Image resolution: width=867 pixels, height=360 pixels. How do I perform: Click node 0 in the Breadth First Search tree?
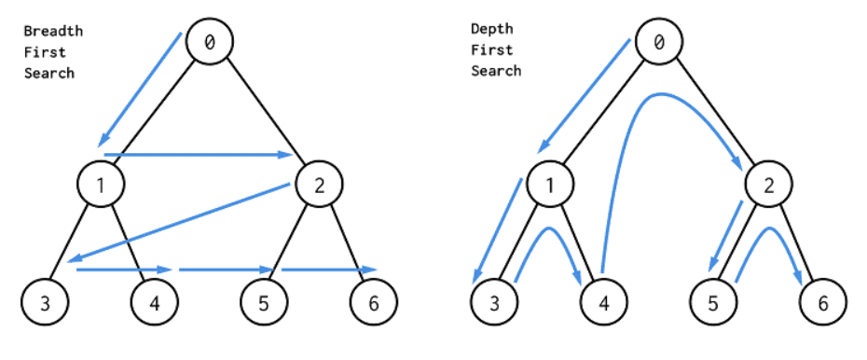pyautogui.click(x=209, y=41)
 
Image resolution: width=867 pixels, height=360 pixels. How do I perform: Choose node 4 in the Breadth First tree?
pyautogui.click(x=154, y=302)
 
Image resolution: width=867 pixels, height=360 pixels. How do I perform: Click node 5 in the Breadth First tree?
pyautogui.click(x=264, y=302)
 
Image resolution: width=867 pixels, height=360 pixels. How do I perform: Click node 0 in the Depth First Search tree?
pyautogui.click(x=659, y=41)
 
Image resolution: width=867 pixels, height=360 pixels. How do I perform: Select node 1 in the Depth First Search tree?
pyautogui.click(x=550, y=185)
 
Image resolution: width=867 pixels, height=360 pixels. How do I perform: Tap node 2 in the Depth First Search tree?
pyautogui.click(x=769, y=185)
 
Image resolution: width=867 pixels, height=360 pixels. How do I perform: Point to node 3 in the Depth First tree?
pyautogui.click(x=495, y=302)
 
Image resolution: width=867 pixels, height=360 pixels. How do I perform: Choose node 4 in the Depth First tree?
pyautogui.click(x=604, y=302)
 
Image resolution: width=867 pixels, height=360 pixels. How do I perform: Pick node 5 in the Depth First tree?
pyautogui.click(x=714, y=302)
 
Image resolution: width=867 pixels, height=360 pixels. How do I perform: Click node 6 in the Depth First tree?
pyautogui.click(x=823, y=302)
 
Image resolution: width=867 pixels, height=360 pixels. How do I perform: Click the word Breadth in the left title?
pyautogui.click(x=53, y=31)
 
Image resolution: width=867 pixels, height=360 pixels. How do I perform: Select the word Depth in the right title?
pyautogui.click(x=491, y=31)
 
